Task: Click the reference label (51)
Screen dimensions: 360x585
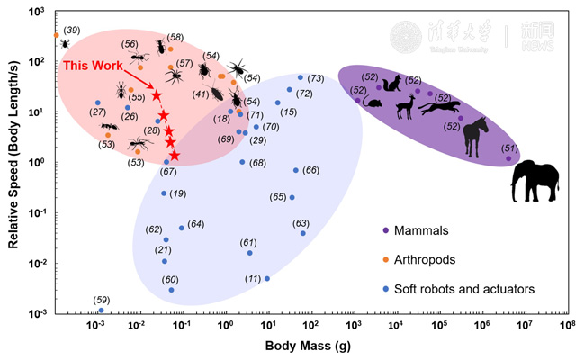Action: (x=510, y=148)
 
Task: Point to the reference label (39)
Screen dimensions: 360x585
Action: (x=71, y=30)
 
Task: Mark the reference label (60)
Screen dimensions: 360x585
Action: (x=170, y=279)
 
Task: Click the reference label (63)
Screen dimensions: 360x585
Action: (x=301, y=223)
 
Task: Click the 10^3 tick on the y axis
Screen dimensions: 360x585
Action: (x=36, y=12)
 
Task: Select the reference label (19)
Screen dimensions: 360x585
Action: (x=177, y=193)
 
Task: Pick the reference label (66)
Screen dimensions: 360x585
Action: (x=310, y=170)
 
